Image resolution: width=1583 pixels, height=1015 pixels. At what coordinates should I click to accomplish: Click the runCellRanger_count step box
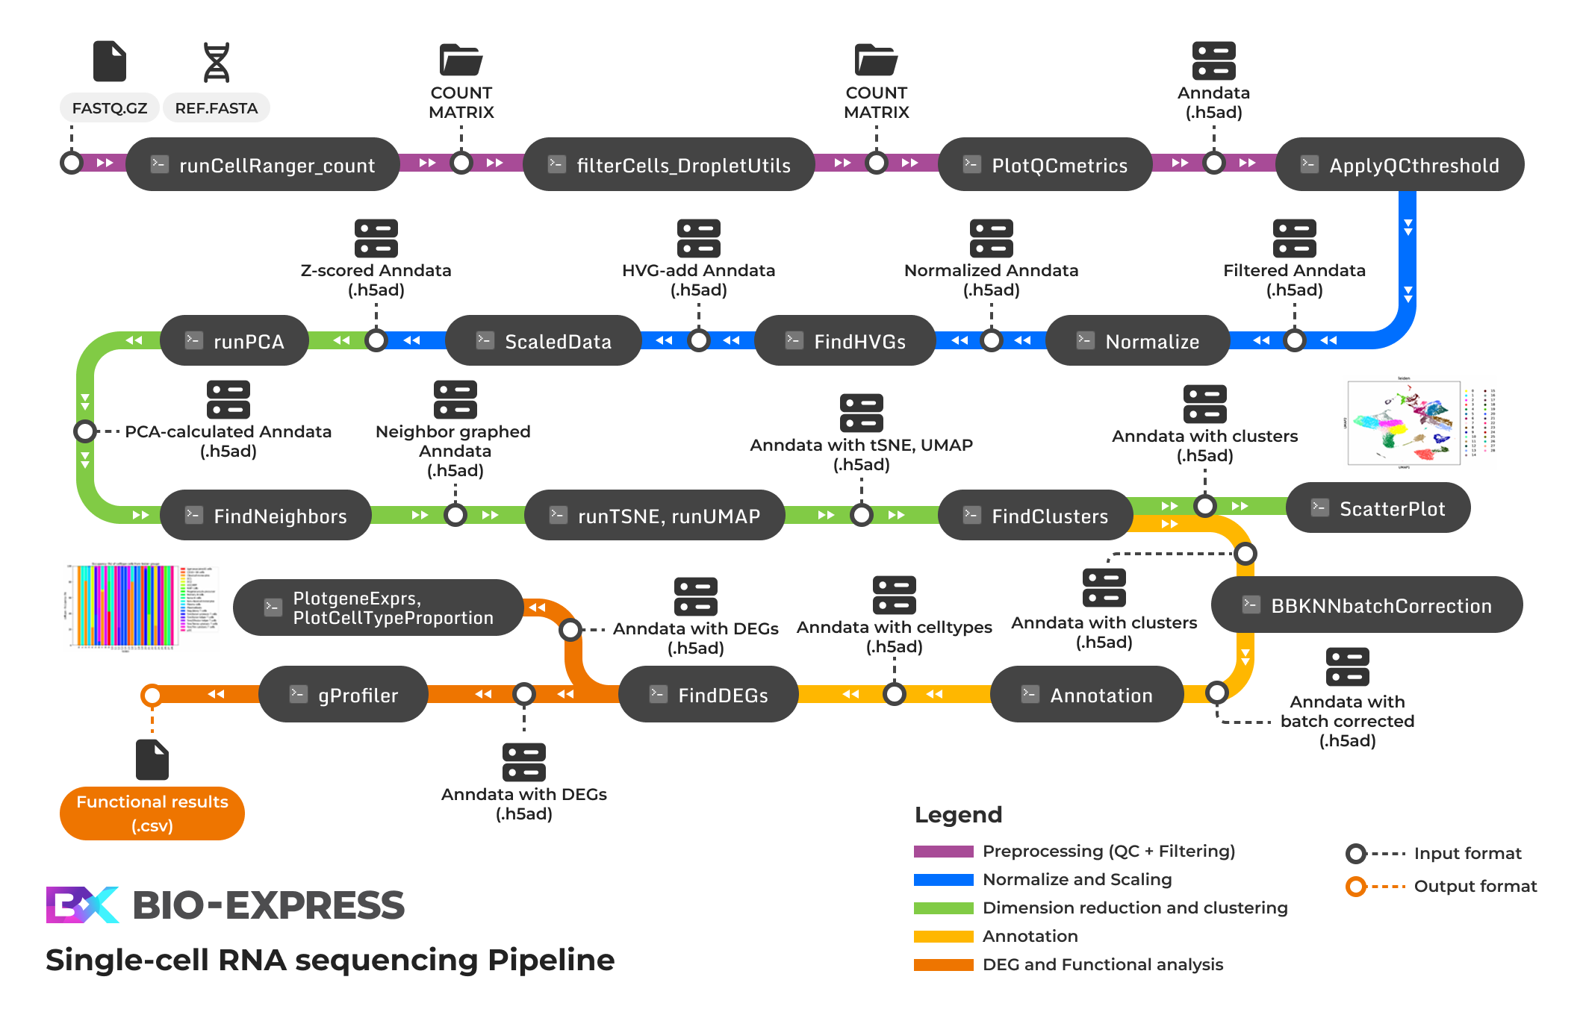(x=263, y=164)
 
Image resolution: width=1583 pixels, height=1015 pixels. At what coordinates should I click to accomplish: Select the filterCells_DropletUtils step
(x=669, y=164)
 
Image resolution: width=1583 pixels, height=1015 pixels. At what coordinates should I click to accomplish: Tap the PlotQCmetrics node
(x=1045, y=164)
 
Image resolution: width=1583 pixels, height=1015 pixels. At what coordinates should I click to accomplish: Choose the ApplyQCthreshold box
(x=1400, y=164)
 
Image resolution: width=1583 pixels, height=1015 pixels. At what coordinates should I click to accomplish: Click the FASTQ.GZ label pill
(x=109, y=107)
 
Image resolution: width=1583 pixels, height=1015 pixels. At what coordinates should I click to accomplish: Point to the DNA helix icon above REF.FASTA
(x=217, y=62)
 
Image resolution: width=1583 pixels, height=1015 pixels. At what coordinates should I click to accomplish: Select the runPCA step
(x=234, y=341)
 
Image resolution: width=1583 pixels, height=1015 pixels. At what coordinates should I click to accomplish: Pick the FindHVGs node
(x=845, y=341)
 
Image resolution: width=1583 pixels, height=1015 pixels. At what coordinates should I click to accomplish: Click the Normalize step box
(x=1138, y=341)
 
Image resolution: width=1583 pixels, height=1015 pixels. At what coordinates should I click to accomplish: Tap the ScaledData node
(x=544, y=341)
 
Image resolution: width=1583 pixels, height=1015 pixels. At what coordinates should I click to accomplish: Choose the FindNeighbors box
(x=266, y=516)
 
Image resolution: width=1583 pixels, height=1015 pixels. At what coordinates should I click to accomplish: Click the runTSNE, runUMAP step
(x=655, y=516)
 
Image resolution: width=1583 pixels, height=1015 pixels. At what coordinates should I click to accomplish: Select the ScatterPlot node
(x=1378, y=508)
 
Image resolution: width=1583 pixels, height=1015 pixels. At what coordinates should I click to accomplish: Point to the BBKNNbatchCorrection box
(x=1366, y=605)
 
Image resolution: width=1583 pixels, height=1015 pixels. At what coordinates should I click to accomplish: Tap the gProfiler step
(x=343, y=695)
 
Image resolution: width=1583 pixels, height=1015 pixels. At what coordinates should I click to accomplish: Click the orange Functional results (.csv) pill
(x=152, y=813)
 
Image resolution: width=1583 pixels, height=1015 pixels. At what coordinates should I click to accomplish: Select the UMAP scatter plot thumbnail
(x=1404, y=423)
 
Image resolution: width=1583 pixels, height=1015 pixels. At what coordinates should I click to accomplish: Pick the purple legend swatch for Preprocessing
(x=943, y=852)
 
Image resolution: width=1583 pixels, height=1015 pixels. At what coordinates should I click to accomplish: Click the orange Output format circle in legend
(x=1356, y=887)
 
